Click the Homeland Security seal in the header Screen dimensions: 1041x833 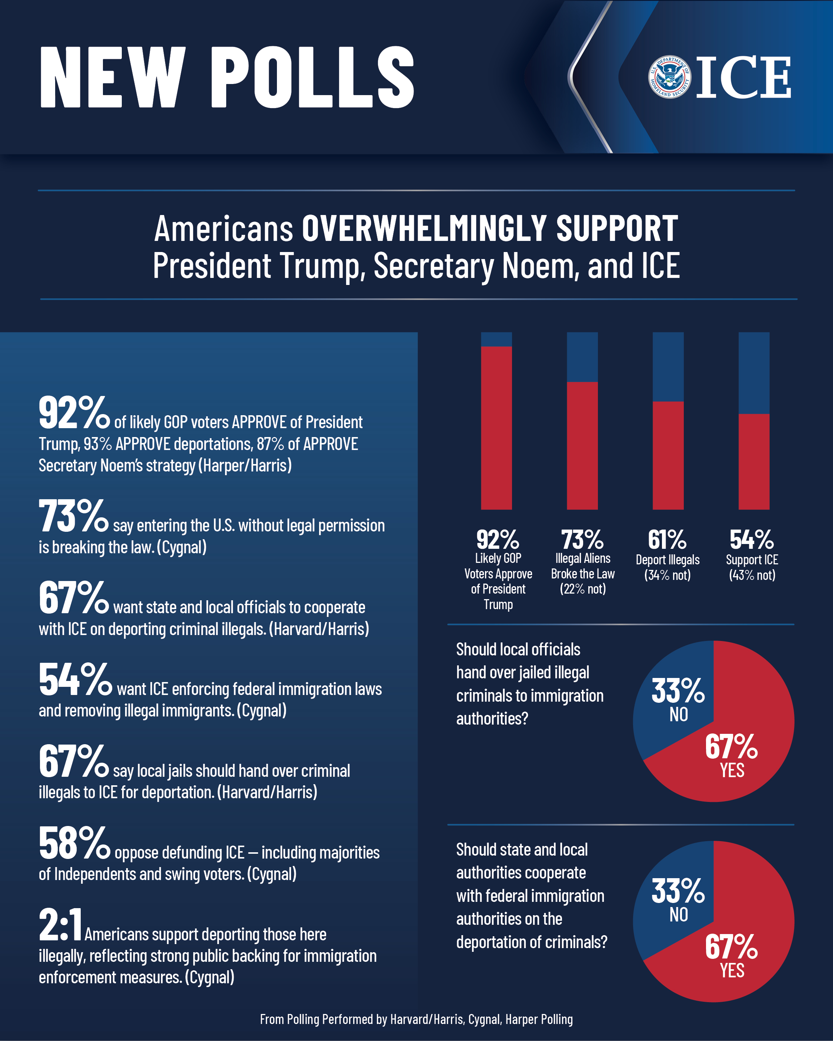click(x=669, y=77)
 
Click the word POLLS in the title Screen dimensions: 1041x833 click(x=312, y=77)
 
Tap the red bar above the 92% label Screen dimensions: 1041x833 click(x=496, y=427)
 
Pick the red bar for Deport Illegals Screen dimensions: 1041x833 click(x=668, y=455)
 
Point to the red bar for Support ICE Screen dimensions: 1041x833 click(x=753, y=461)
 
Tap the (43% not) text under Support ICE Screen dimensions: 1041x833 click(x=752, y=575)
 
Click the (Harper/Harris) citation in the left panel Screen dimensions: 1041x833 click(x=245, y=466)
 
